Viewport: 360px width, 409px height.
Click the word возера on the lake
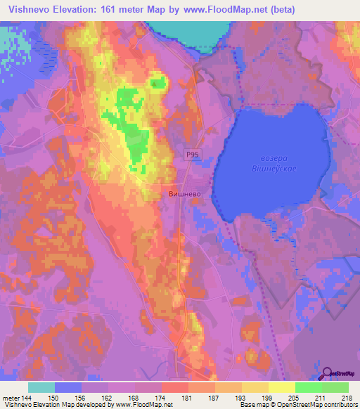pos(269,159)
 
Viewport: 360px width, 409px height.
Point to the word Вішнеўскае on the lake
pos(269,169)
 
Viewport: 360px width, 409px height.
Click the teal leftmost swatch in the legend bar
pos(41,387)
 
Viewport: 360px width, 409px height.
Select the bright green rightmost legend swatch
pos(335,387)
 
